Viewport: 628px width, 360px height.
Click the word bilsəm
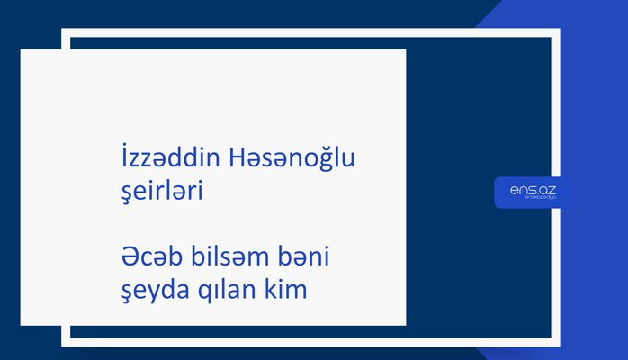217,258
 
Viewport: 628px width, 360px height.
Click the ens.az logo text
532,188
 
